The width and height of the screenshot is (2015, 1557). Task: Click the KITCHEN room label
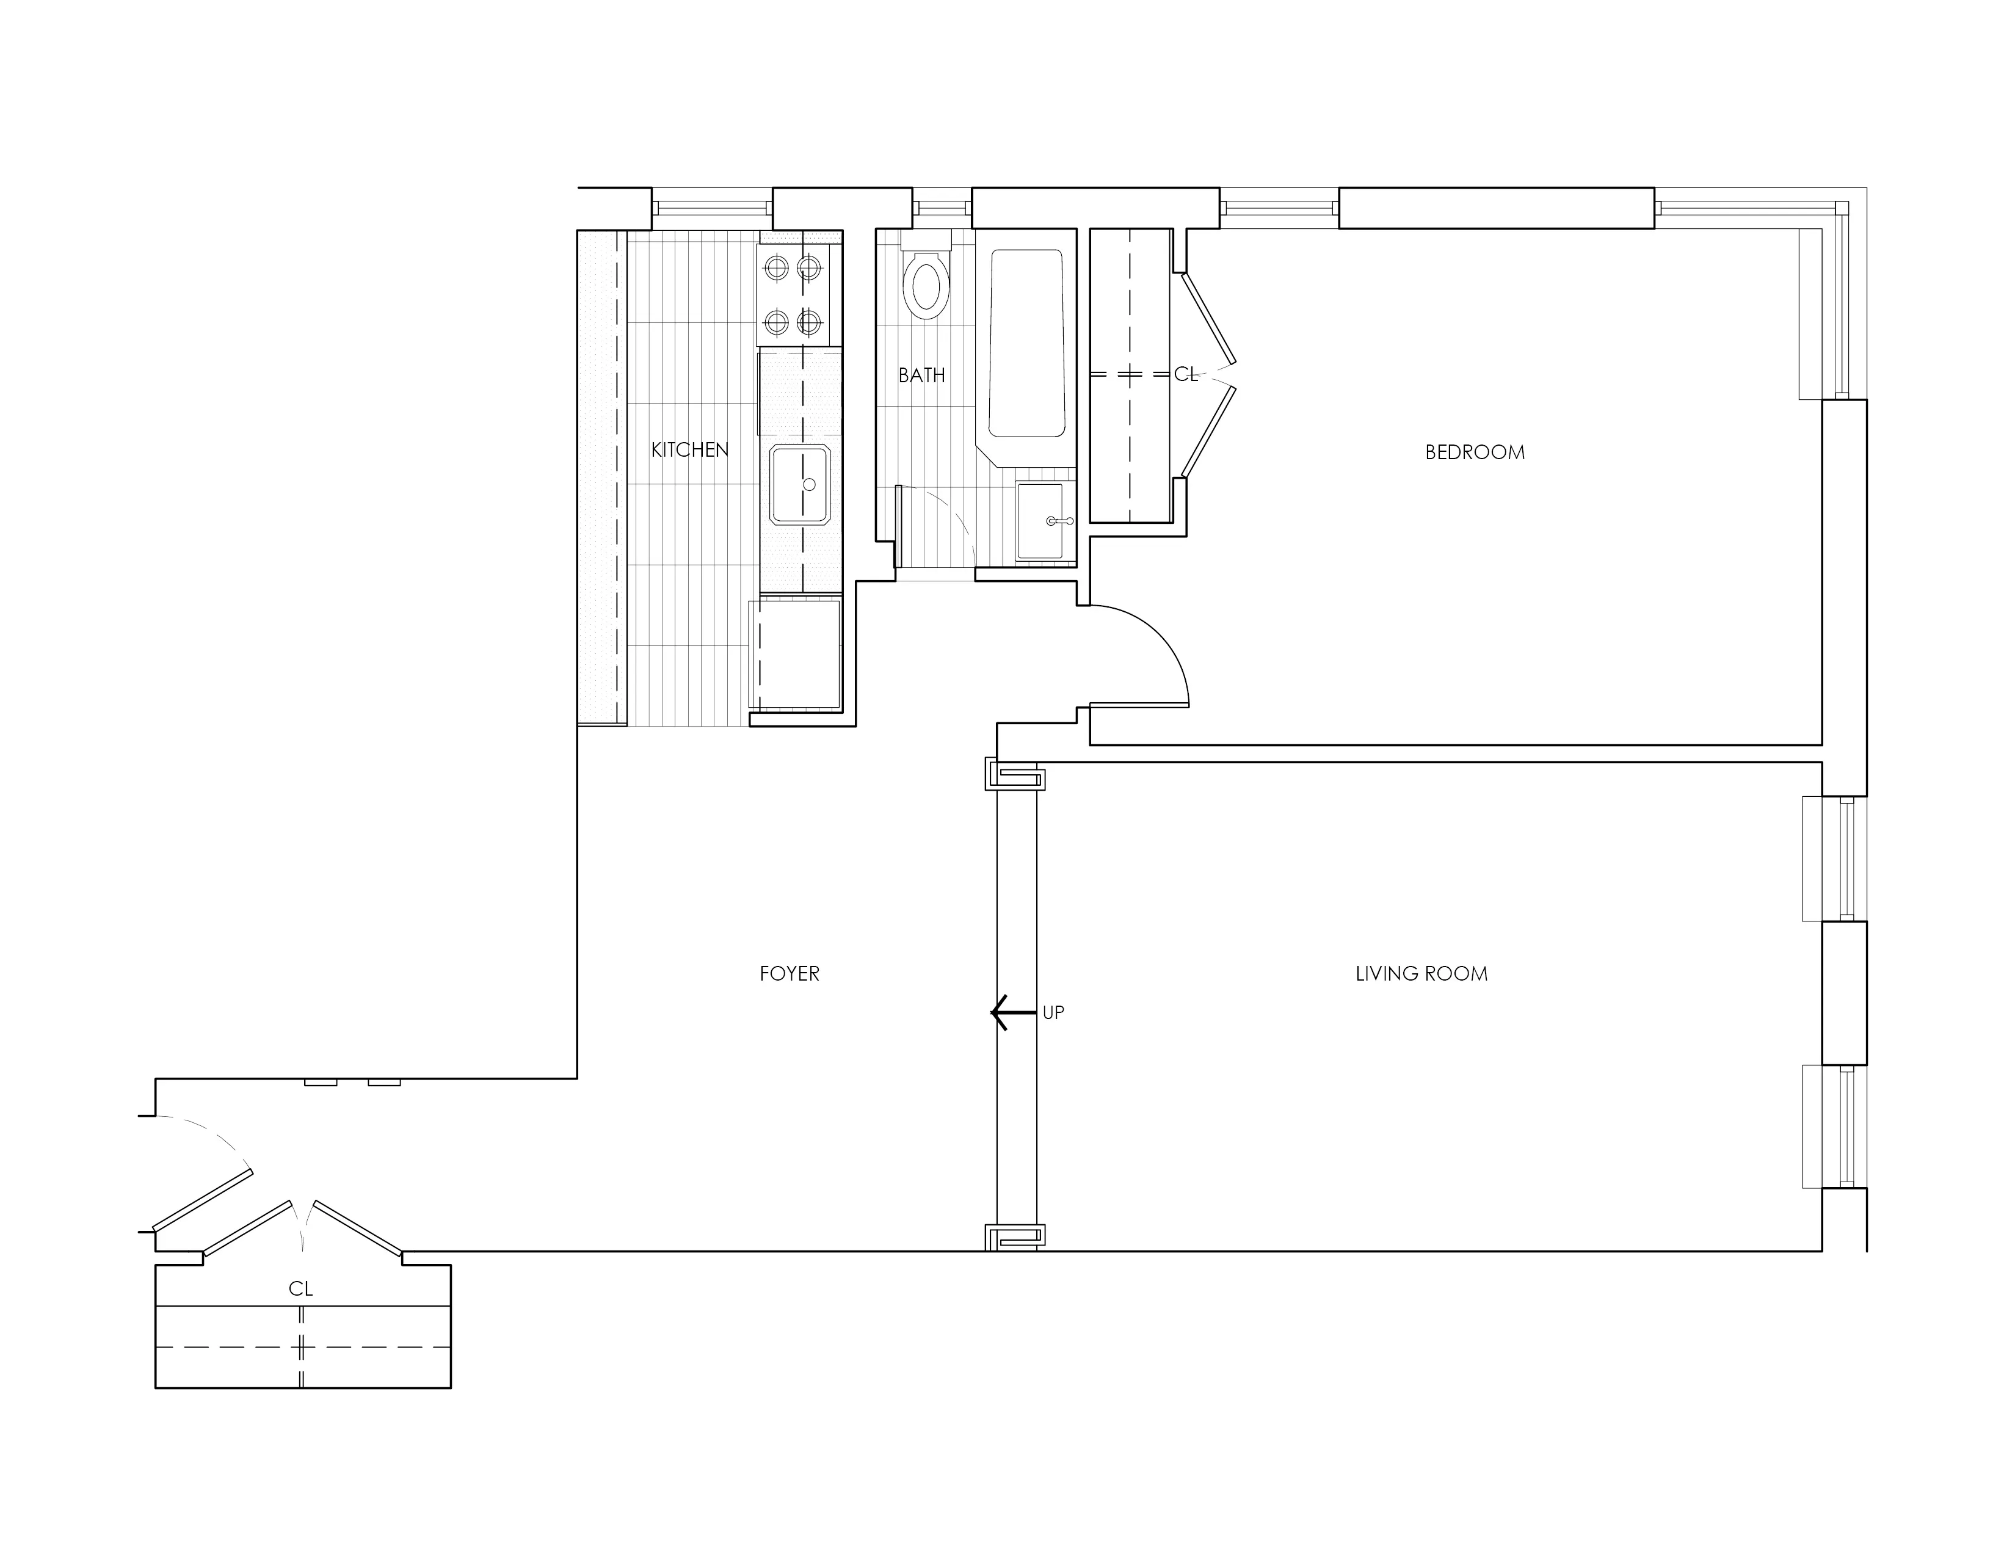[689, 449]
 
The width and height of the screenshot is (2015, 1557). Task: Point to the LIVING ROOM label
[1421, 973]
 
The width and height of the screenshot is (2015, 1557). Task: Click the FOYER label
[789, 973]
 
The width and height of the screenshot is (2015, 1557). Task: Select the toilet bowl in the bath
[926, 286]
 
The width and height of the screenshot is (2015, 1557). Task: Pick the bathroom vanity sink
[1045, 521]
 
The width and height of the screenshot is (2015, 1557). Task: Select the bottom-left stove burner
[777, 323]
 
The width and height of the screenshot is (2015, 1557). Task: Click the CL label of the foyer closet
[301, 1288]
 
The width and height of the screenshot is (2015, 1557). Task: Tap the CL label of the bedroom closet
[1186, 374]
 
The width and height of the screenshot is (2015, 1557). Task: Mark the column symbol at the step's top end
[1015, 775]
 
